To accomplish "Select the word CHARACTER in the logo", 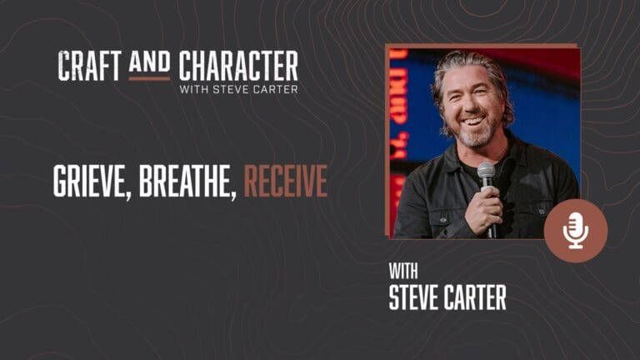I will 237,66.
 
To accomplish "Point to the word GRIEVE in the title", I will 89,182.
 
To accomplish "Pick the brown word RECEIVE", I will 285,182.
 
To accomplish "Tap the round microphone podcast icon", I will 575,231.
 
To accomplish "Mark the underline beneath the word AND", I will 149,78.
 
